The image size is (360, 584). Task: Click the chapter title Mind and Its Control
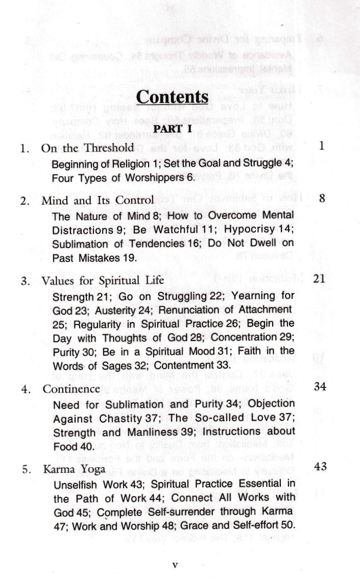point(98,200)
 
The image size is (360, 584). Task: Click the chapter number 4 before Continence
point(24,389)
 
